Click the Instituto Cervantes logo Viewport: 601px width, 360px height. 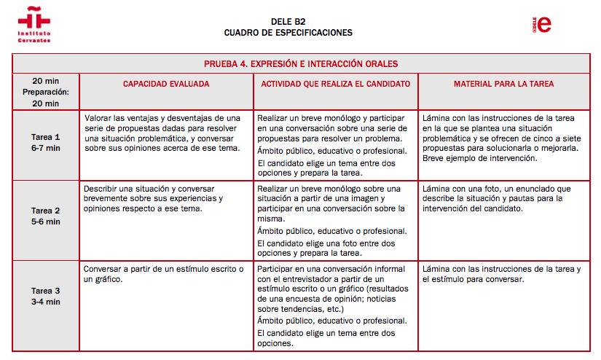tap(36, 25)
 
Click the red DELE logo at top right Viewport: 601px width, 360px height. tap(542, 24)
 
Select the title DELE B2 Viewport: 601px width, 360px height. tap(288, 21)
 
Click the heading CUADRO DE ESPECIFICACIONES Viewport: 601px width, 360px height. tap(288, 33)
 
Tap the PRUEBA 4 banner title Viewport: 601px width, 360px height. tap(301, 64)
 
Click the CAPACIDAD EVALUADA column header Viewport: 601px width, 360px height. tap(166, 84)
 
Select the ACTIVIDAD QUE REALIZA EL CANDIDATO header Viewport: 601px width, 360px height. tap(335, 84)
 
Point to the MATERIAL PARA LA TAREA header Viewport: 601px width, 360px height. tap(503, 84)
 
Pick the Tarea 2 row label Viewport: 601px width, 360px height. tap(46, 216)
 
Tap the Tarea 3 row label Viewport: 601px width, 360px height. tap(46, 296)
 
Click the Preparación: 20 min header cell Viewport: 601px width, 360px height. tap(46, 92)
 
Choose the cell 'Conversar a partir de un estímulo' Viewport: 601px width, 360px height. tap(163, 274)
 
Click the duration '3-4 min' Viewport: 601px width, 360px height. tap(46, 301)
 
